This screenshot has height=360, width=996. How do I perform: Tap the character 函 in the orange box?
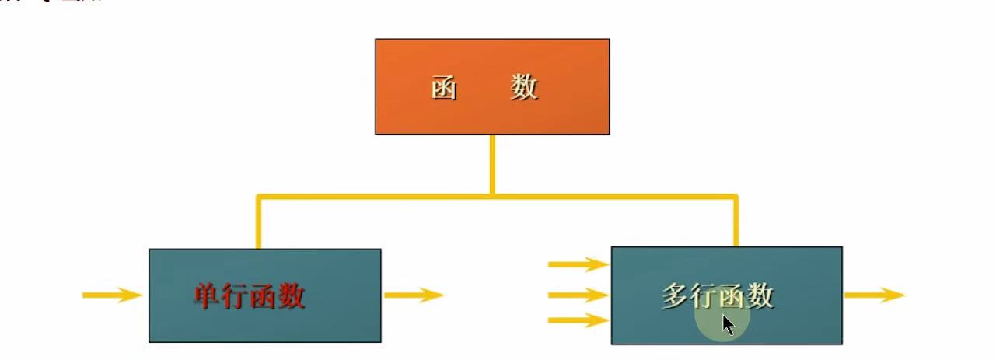point(444,88)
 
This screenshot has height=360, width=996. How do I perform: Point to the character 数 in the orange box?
point(525,87)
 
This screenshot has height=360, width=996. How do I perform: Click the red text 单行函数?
point(250,296)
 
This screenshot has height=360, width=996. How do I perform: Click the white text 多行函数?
point(718,295)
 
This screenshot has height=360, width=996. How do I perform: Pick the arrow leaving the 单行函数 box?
point(413,295)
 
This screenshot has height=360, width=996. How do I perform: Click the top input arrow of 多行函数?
point(578,265)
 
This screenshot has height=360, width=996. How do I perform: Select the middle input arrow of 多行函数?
point(578,295)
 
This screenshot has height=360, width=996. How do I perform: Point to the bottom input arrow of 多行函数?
point(578,320)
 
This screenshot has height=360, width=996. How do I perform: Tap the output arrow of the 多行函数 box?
point(875,295)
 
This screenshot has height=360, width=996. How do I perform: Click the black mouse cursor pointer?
point(728,324)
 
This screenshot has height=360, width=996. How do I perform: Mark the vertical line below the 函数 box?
point(492,163)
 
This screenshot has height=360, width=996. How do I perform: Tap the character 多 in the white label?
point(676,295)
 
